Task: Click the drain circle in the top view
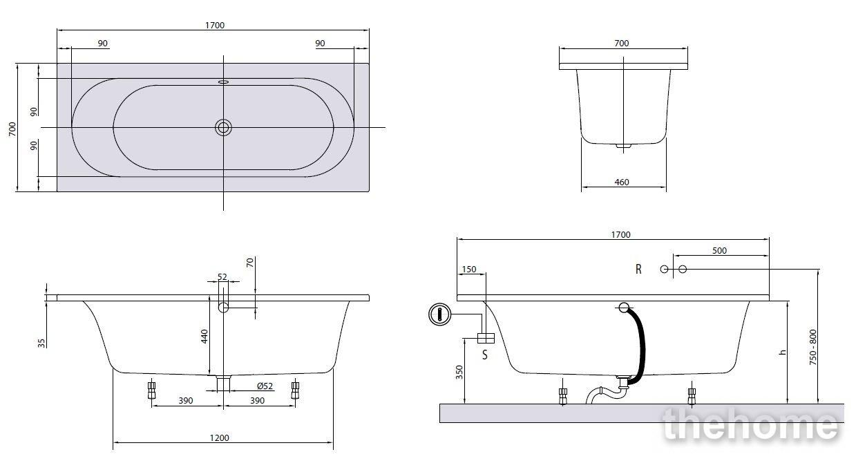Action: pyautogui.click(x=223, y=127)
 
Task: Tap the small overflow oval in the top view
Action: pyautogui.click(x=223, y=82)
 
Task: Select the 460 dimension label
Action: pyautogui.click(x=622, y=182)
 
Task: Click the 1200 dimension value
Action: pyautogui.click(x=219, y=438)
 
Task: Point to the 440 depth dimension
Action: pyautogui.click(x=205, y=337)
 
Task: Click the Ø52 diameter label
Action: pyautogui.click(x=265, y=386)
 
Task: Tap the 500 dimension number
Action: pyautogui.click(x=719, y=251)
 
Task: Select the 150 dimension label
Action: pyautogui.click(x=469, y=270)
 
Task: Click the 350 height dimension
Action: pyautogui.click(x=459, y=373)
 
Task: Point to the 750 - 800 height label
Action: pyautogui.click(x=812, y=347)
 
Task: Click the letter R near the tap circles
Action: pyautogui.click(x=638, y=269)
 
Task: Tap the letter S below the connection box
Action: pyautogui.click(x=485, y=355)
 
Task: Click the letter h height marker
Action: pyautogui.click(x=782, y=352)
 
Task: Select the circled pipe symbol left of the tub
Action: pyautogui.click(x=440, y=314)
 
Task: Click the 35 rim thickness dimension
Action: pyautogui.click(x=41, y=344)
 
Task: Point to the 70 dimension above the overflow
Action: pyautogui.click(x=250, y=263)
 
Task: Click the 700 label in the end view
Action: pyautogui.click(x=622, y=43)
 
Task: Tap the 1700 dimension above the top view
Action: pyautogui.click(x=215, y=26)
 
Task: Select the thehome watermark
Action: pyautogui.click(x=751, y=424)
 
